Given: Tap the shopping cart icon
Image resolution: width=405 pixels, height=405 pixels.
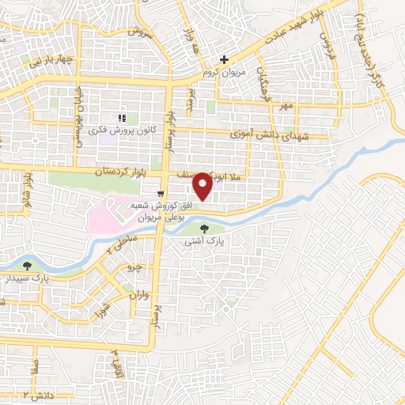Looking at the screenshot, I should click(161, 194).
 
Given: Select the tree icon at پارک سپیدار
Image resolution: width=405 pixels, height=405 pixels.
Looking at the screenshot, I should click(28, 267).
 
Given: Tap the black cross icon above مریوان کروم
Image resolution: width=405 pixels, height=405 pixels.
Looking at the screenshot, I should click(224, 60).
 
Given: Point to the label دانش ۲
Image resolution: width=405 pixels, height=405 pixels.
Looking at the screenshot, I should click(38, 392).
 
